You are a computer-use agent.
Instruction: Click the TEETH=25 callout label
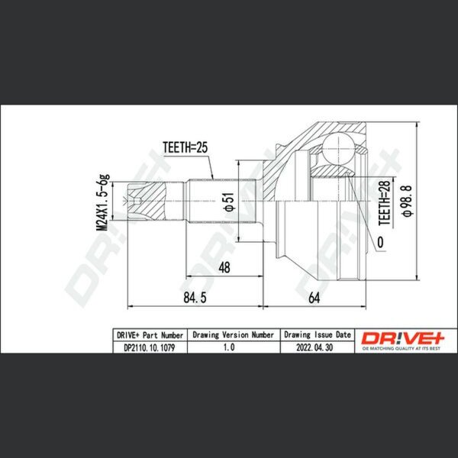[185, 147]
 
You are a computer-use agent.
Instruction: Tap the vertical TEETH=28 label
[385, 203]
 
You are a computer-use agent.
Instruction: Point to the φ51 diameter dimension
[230, 202]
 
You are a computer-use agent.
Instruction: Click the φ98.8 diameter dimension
[407, 201]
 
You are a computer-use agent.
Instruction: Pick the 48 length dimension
[224, 267]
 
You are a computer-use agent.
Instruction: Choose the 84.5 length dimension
[195, 298]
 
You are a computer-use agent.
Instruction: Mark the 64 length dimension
[314, 298]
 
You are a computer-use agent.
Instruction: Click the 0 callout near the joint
[380, 242]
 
